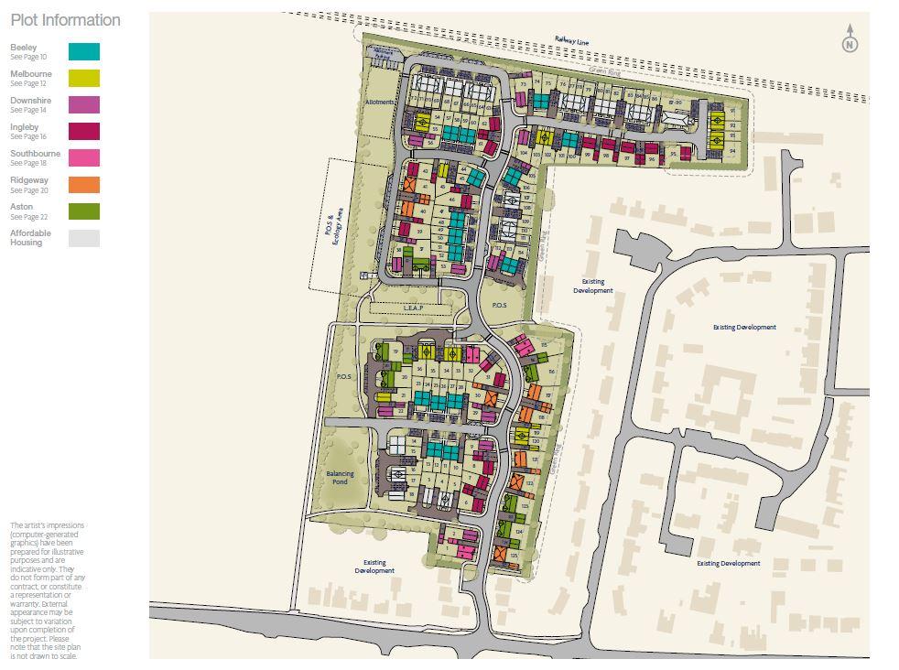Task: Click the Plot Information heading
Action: pos(65,20)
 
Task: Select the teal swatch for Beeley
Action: pos(83,51)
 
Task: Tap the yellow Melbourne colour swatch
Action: pos(83,78)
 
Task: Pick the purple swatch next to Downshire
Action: pos(83,104)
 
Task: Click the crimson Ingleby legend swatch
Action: pos(83,131)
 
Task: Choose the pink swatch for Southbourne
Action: pos(83,157)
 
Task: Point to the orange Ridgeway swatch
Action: pos(83,184)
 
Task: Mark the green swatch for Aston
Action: pos(83,211)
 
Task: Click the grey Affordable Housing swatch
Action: pos(83,238)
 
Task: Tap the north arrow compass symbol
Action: pos(850,39)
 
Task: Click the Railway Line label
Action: pos(572,40)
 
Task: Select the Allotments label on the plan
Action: pos(380,102)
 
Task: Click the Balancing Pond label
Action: pos(340,477)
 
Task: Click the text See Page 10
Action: pos(28,57)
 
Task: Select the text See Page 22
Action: pos(28,217)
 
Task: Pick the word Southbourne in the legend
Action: pos(35,154)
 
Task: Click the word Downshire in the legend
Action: pos(31,101)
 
